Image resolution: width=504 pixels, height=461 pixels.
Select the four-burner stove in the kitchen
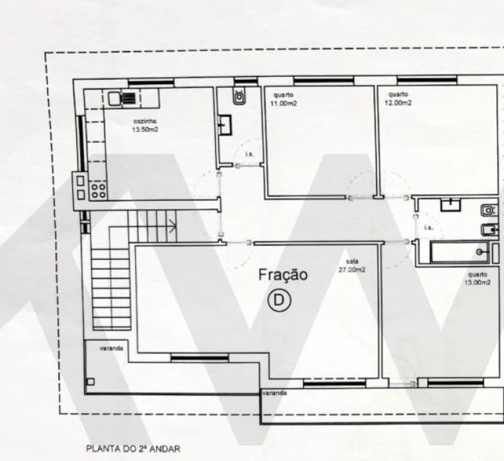[98, 190]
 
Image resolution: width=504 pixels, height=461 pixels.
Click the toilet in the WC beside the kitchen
[239, 97]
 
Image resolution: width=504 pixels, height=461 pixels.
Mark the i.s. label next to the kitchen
[249, 154]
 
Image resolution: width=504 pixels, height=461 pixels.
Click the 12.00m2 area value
[398, 102]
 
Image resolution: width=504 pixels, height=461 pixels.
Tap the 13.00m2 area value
[478, 282]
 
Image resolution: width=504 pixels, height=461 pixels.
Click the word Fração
[282, 275]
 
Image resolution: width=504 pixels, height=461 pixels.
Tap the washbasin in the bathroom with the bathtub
[452, 205]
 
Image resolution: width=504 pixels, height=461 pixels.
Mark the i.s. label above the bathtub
[428, 227]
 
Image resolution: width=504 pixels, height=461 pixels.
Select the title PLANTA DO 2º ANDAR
[133, 449]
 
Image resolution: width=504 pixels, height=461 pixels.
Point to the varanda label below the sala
[274, 392]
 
